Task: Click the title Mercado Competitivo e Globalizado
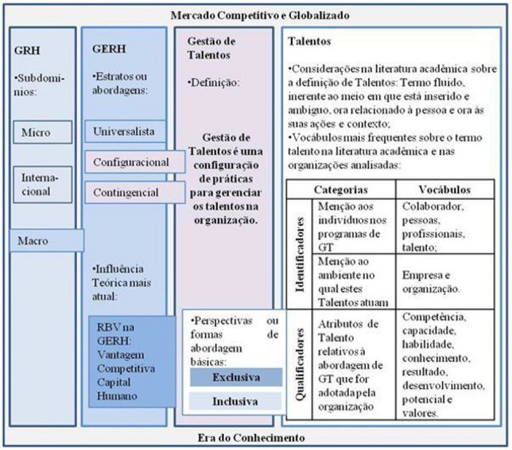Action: pyautogui.click(x=260, y=15)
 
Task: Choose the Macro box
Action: pyautogui.click(x=46, y=240)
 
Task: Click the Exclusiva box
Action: pyautogui.click(x=236, y=378)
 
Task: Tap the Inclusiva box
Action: pyautogui.click(x=236, y=402)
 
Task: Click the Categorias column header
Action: pyautogui.click(x=340, y=190)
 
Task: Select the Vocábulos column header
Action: pyautogui.click(x=446, y=190)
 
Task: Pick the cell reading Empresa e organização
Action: pyautogui.click(x=446, y=281)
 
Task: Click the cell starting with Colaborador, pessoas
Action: pyautogui.click(x=446, y=226)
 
